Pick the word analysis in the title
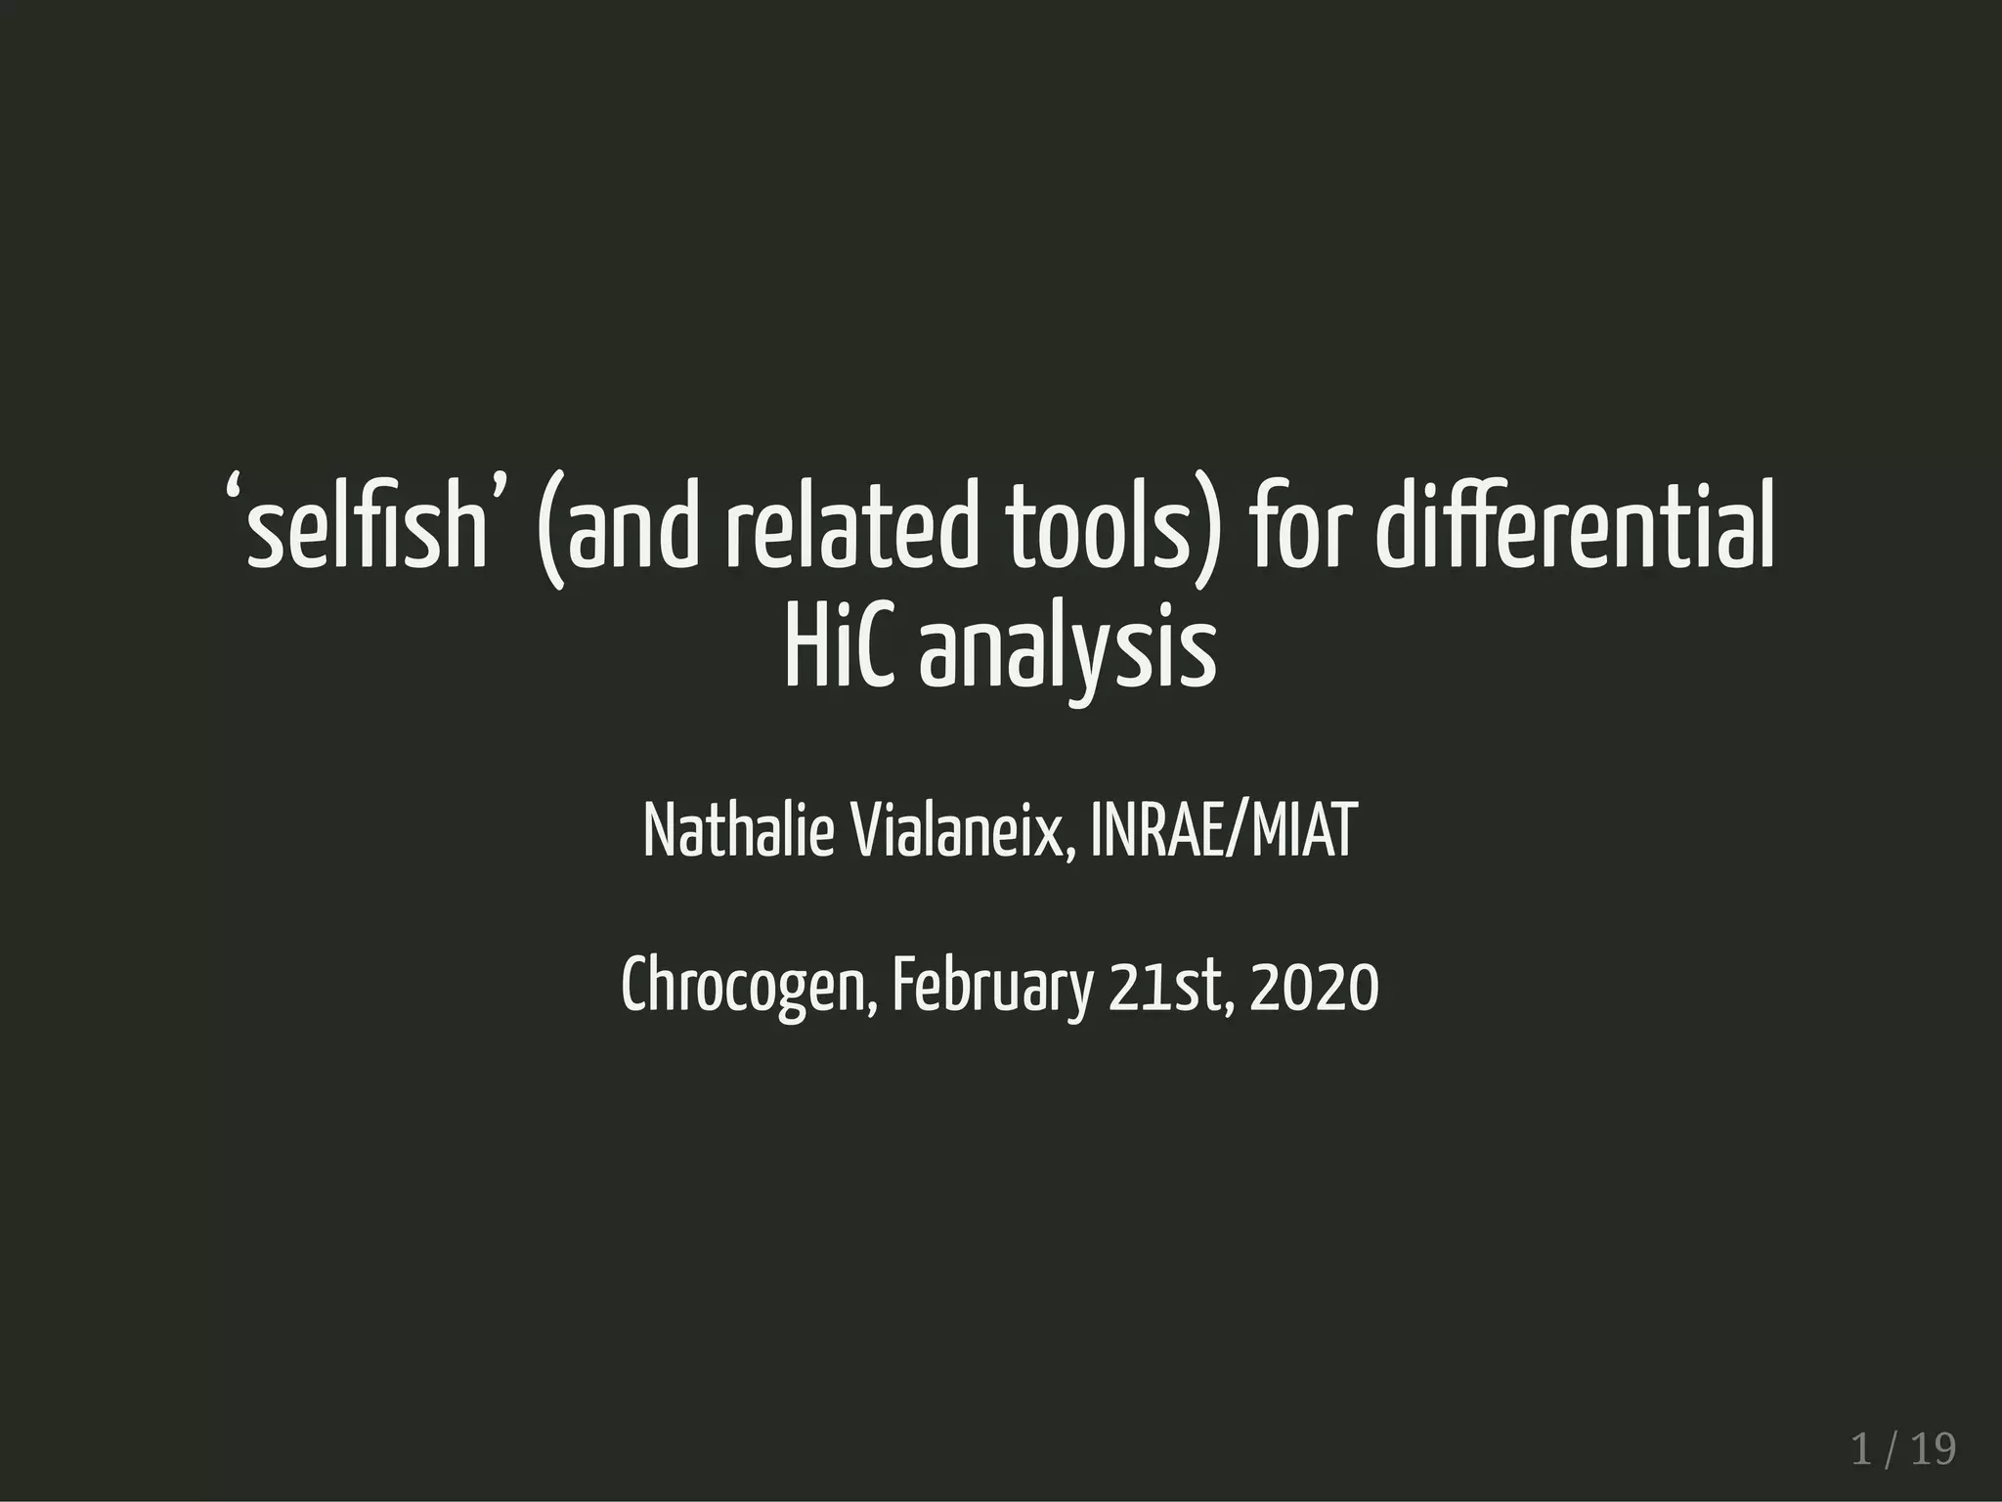1066,653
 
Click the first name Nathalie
738,831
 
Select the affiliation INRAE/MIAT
1223,831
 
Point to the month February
992,990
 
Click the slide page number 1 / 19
1903,1449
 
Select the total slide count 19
1934,1449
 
